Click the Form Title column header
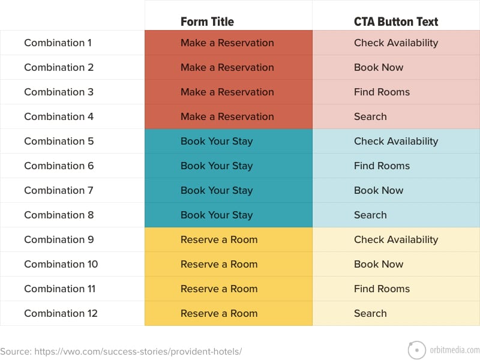207,22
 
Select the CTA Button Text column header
396,22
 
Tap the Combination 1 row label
58,43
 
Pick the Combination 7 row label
59,190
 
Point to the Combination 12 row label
61,313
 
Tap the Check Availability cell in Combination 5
396,142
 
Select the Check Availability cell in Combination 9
396,239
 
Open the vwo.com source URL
138,352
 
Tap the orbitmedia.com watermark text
455,350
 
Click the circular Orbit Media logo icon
417,350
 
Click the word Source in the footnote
16,352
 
